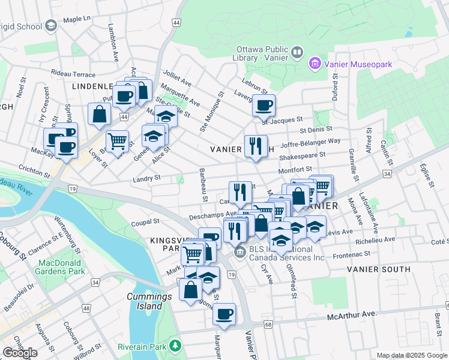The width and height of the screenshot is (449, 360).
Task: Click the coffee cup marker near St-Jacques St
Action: (x=264, y=106)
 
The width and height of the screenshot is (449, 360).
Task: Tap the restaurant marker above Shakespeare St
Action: (x=256, y=146)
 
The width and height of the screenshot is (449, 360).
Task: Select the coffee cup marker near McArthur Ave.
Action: (x=224, y=314)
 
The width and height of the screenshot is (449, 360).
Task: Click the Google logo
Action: (x=20, y=353)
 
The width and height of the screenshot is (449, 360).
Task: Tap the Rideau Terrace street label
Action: (x=73, y=74)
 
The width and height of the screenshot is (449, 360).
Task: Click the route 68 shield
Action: (x=267, y=325)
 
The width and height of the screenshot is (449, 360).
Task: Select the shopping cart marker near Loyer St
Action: (x=117, y=141)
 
